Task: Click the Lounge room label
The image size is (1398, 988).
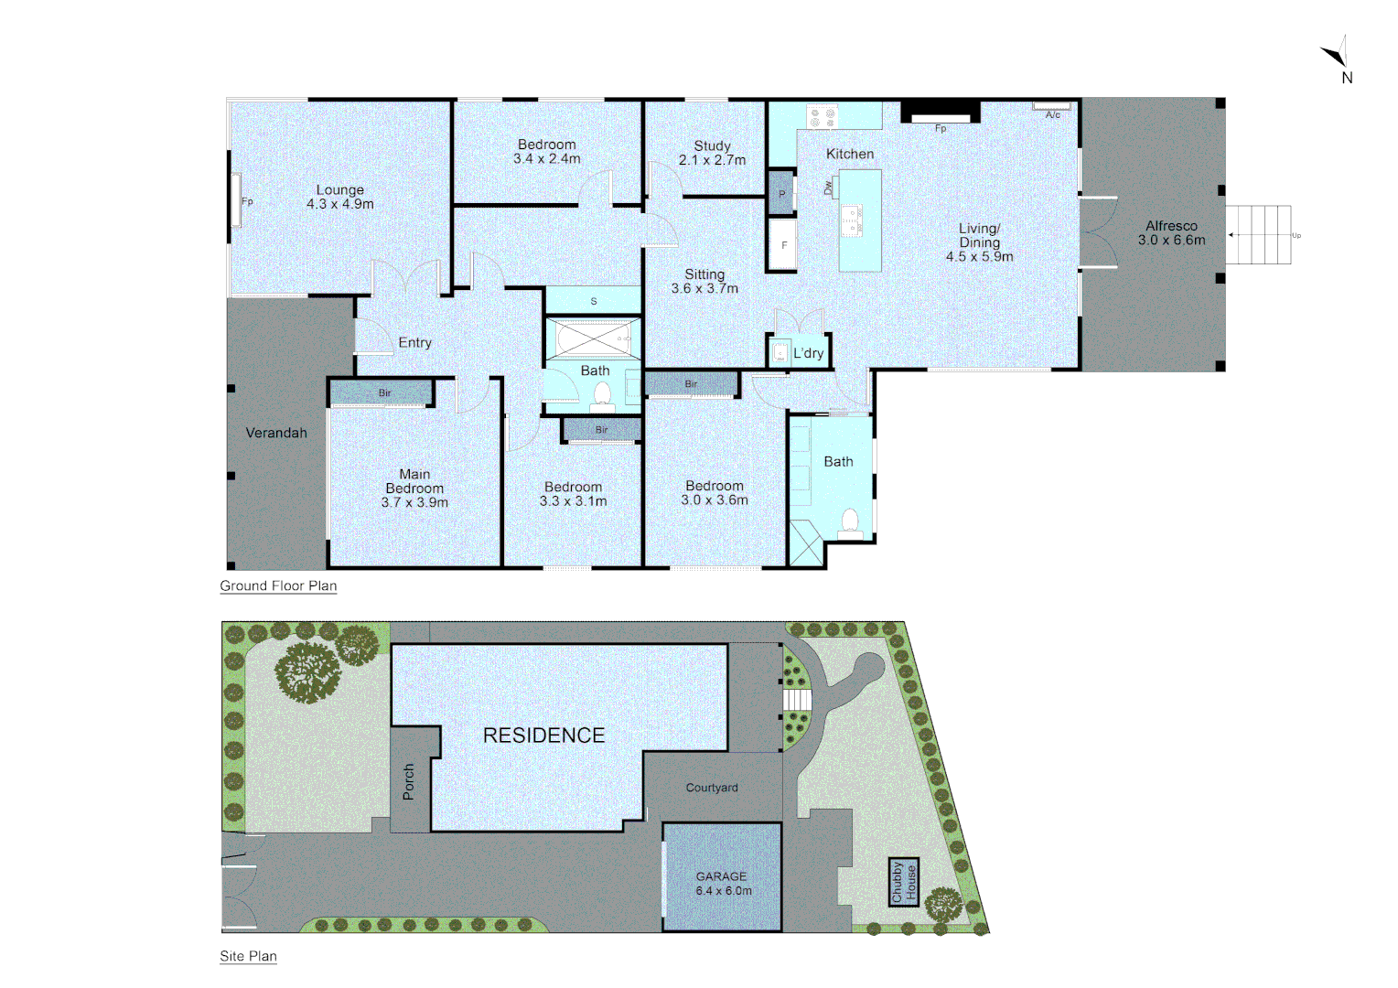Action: coord(340,190)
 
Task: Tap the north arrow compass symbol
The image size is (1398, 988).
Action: coord(1337,56)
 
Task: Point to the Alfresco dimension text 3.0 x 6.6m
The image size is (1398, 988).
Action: coord(1171,241)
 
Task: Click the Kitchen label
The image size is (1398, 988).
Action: coord(850,154)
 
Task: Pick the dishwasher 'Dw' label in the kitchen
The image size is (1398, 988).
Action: coord(829,187)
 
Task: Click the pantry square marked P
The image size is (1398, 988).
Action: coord(781,194)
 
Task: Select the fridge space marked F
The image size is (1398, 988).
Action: coord(783,245)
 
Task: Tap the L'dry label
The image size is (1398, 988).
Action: coord(808,353)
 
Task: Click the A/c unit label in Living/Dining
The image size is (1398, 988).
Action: coord(1053,114)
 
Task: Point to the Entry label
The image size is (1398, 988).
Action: coord(414,342)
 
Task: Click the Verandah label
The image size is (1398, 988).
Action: coord(276,433)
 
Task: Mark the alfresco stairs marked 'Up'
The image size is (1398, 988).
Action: coord(1259,235)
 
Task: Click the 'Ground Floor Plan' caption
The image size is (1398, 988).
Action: coord(278,585)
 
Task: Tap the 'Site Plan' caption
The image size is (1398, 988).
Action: coord(248,956)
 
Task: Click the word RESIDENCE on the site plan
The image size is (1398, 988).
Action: coord(543,736)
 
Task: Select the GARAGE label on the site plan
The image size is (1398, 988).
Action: coord(721,876)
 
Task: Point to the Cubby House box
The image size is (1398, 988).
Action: coord(904,882)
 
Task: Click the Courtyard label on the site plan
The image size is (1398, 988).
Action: coord(712,788)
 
